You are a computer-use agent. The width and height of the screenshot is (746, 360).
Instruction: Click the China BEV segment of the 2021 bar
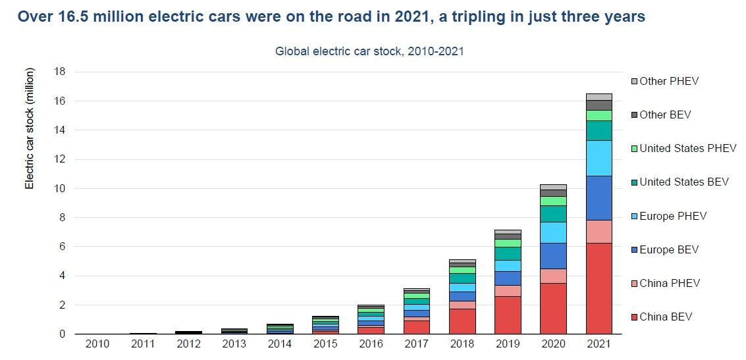[x=599, y=288]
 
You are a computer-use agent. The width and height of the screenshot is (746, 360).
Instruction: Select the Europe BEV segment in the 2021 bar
[x=599, y=197]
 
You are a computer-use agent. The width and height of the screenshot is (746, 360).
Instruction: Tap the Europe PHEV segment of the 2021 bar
[x=599, y=158]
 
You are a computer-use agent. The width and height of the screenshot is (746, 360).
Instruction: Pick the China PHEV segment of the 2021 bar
[x=599, y=231]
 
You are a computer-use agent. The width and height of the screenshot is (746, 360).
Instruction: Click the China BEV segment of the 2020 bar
[x=553, y=308]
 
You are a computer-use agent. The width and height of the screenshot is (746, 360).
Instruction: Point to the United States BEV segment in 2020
[x=553, y=214]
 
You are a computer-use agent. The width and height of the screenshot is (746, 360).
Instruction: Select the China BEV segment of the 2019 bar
[x=508, y=315]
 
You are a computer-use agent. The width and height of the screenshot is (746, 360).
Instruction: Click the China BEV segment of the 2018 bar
[x=462, y=321]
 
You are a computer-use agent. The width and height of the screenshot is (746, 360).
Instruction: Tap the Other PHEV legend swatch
[x=635, y=82]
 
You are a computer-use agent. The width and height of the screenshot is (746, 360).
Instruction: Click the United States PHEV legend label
[x=687, y=149]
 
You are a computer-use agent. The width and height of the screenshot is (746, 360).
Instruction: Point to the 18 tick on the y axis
[x=60, y=72]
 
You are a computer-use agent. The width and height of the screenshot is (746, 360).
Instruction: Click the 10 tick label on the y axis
[x=60, y=188]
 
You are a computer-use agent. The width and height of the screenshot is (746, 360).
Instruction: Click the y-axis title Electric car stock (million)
[x=30, y=137]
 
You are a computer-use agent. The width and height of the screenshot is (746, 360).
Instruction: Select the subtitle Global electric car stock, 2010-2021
[x=369, y=51]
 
